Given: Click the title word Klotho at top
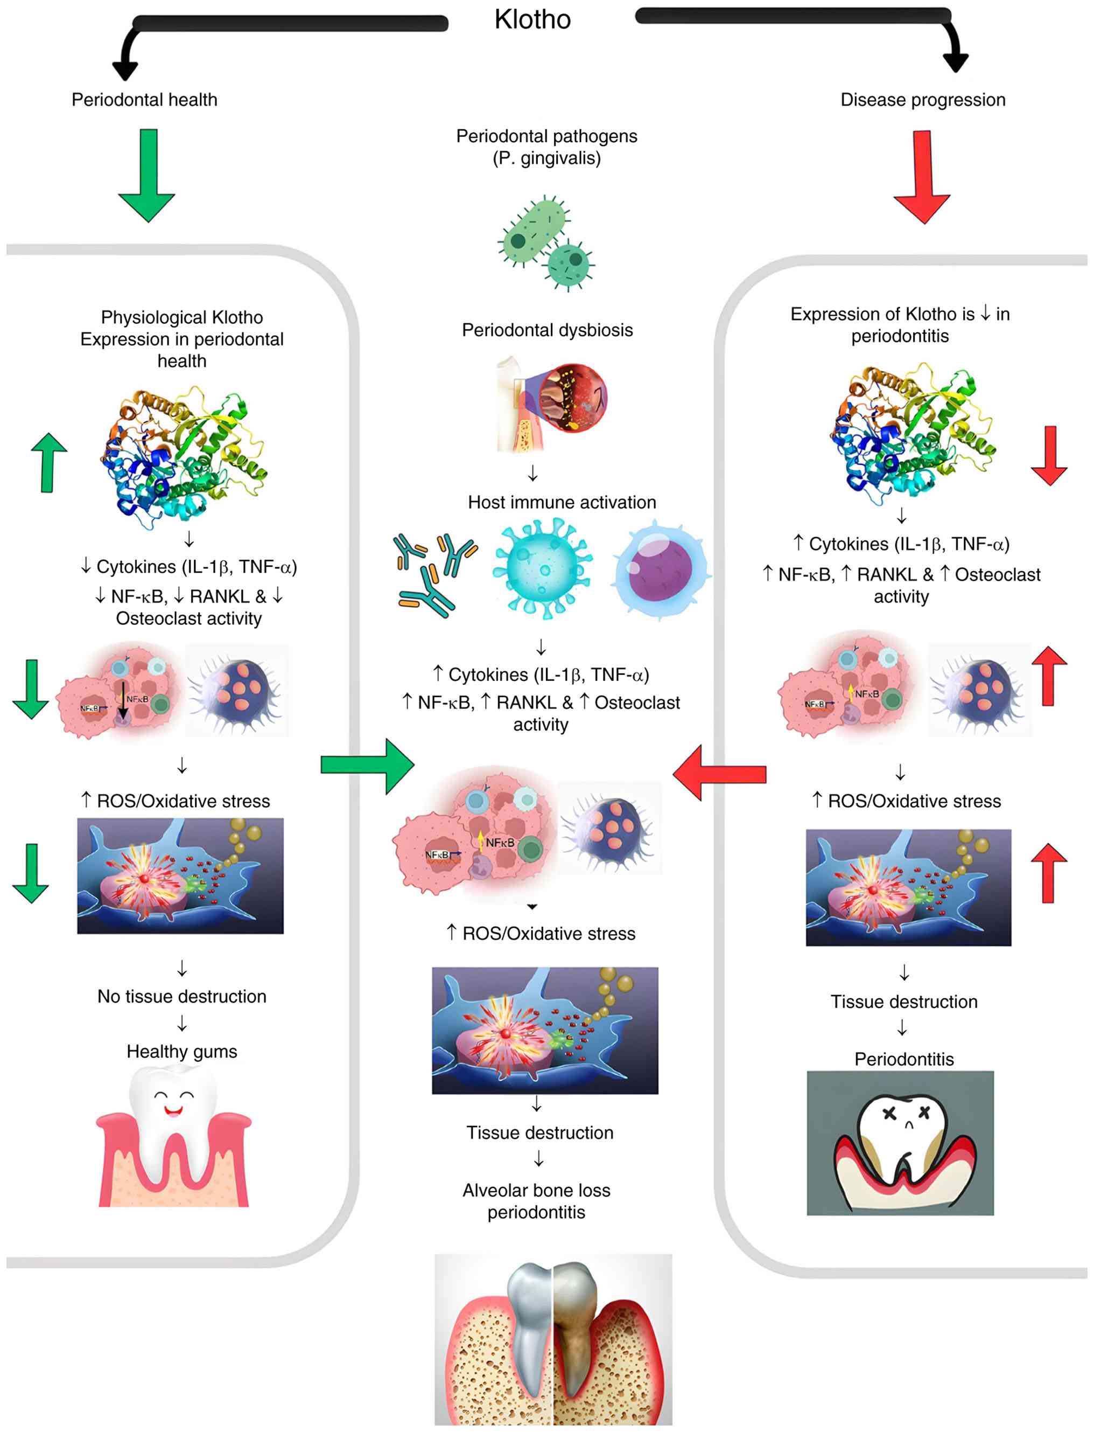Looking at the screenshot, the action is [x=532, y=19].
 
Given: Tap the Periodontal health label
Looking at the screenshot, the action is [x=145, y=100].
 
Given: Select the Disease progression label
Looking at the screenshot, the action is [x=923, y=100].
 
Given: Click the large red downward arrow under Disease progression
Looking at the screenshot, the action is [x=922, y=177].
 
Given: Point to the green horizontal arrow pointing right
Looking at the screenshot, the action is [x=367, y=766].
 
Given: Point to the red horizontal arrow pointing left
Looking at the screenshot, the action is [x=720, y=773].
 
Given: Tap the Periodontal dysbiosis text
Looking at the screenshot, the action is [x=547, y=330].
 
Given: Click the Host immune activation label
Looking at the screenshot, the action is [x=562, y=502].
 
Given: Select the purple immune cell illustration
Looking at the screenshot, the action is [x=661, y=569].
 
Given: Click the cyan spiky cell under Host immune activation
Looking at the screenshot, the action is [x=544, y=568].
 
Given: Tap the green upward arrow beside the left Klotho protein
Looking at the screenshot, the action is [x=50, y=463].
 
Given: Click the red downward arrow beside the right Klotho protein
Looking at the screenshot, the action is [x=1049, y=456].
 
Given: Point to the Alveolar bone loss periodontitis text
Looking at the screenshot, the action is [x=537, y=1201].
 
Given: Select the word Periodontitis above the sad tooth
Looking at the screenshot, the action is [x=904, y=1059].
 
